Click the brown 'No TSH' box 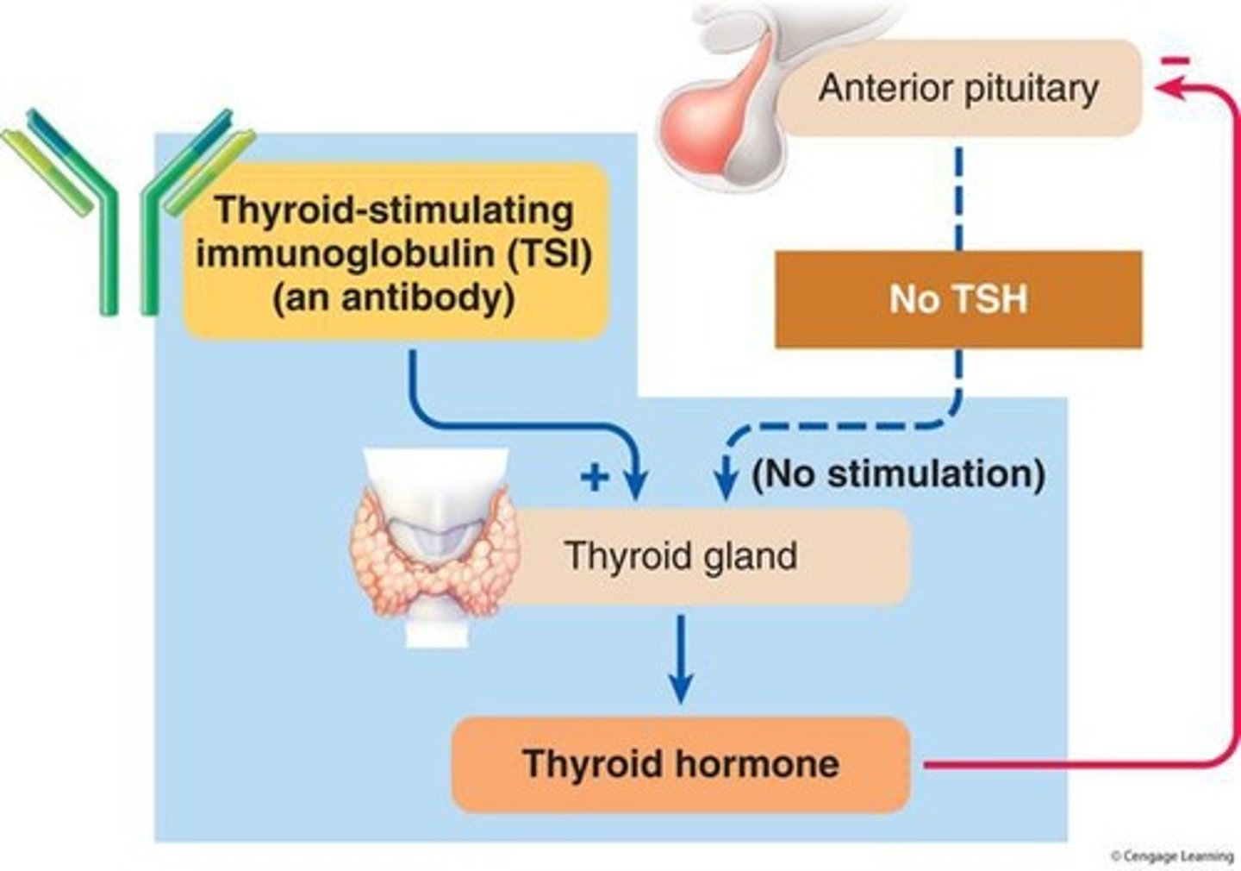click(x=958, y=299)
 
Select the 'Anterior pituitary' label click(x=958, y=88)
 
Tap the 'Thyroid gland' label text click(x=681, y=556)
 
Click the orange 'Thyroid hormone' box click(x=681, y=764)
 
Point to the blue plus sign click(x=595, y=476)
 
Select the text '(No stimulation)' click(x=899, y=473)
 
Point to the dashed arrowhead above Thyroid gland click(x=726, y=485)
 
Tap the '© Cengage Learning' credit click(x=1171, y=855)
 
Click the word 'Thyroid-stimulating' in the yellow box click(x=394, y=210)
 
